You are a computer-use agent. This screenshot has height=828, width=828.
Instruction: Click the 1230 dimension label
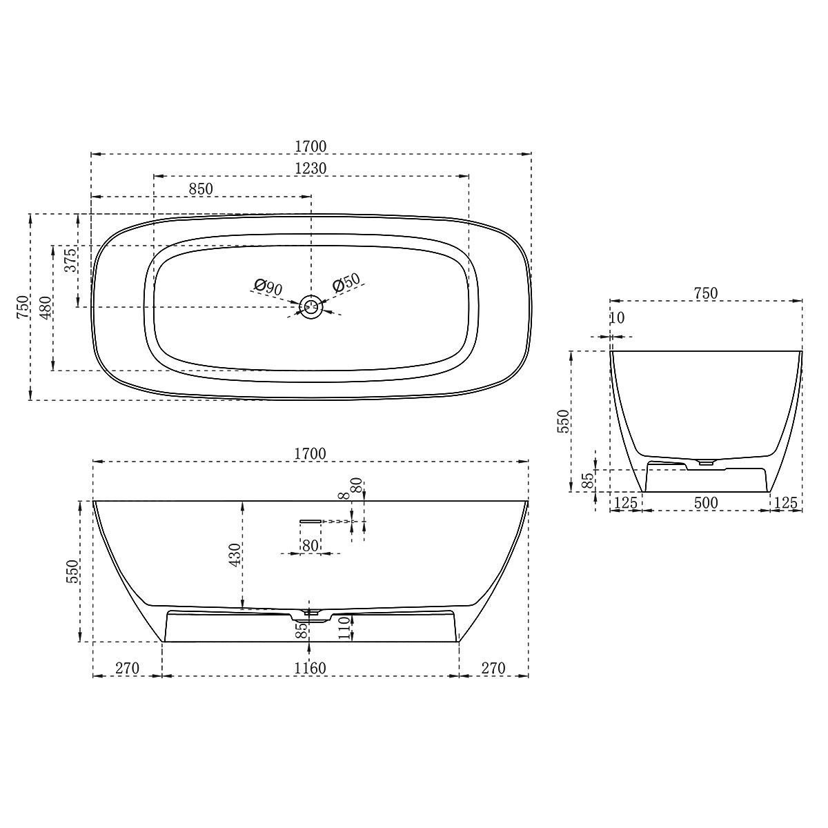[310, 168]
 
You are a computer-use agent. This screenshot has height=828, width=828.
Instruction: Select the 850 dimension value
[201, 188]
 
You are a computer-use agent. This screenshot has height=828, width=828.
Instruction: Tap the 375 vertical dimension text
[70, 260]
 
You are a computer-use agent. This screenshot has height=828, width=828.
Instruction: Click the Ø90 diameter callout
[268, 287]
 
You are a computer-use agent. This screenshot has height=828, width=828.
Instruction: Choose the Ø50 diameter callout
[346, 283]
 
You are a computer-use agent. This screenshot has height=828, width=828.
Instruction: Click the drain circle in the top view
[311, 306]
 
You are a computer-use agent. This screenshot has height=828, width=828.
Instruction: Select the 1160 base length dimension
[310, 668]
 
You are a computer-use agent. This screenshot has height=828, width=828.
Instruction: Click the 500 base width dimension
[706, 503]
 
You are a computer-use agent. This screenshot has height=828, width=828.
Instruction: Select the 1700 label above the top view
[310, 146]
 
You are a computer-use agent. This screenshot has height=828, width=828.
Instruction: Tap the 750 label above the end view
[705, 293]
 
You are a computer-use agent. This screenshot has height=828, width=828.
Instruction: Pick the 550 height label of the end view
[563, 421]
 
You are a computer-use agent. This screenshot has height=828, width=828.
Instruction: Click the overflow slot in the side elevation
[311, 520]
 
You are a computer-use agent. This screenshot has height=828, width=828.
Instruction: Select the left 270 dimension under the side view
[128, 668]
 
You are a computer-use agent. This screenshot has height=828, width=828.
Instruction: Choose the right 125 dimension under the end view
[785, 503]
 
